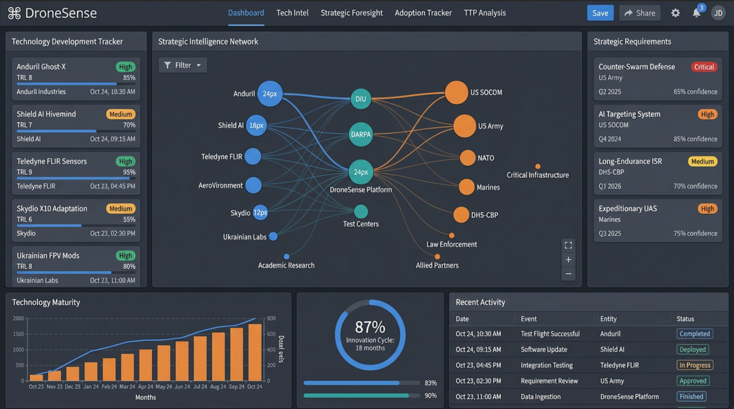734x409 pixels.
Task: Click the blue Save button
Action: pos(600,13)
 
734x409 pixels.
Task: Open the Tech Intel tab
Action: pos(292,13)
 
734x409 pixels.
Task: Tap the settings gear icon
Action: pos(675,13)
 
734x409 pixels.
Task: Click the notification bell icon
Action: pos(696,13)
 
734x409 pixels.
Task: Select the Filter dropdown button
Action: pos(183,65)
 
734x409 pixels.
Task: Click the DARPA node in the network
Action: pos(361,135)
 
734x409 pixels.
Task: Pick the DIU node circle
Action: pos(361,99)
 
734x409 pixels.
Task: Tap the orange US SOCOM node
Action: pos(456,93)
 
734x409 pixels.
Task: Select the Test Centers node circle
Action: pos(361,211)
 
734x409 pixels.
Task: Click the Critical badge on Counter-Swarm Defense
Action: pos(704,67)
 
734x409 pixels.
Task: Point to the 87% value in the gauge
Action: pos(370,327)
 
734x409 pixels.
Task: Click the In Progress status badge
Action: pos(695,365)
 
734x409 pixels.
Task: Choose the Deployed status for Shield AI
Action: pos(693,350)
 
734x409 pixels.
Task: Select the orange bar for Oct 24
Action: pos(255,352)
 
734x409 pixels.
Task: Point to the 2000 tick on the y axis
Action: pos(18,318)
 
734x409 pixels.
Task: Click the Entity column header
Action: pos(608,319)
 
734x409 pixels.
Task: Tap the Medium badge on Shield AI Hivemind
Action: pos(120,114)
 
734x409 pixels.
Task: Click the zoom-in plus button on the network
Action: pos(568,259)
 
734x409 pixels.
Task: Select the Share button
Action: pos(640,13)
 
